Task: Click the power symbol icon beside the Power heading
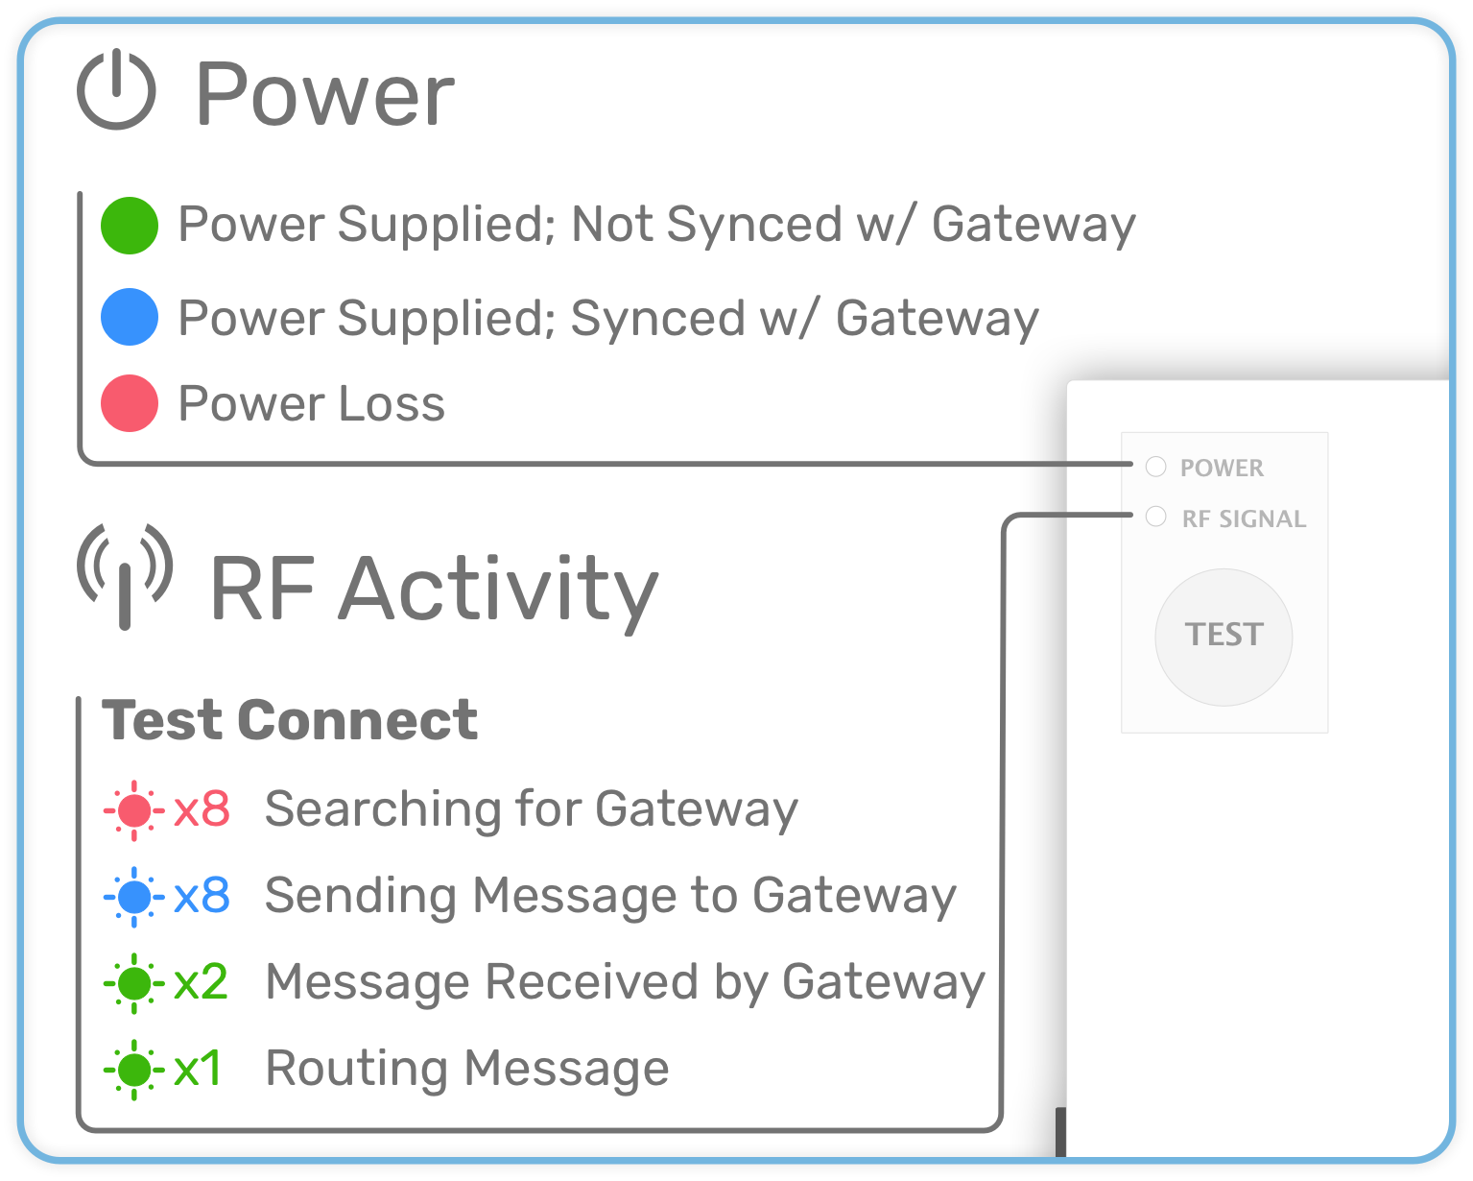pos(116,89)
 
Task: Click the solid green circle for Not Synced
pos(130,226)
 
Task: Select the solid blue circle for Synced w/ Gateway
pos(130,317)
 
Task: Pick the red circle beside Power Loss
pos(130,403)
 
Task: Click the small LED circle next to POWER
pos(1156,467)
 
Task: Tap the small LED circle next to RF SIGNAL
pos(1156,517)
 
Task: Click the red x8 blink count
pos(202,809)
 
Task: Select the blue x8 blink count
pos(202,895)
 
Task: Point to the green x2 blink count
pos(201,981)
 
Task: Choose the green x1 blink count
pos(197,1068)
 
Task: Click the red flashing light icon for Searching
pos(134,810)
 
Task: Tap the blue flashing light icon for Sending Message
pos(134,897)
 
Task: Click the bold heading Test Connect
pos(290,720)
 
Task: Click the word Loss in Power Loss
pos(392,403)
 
